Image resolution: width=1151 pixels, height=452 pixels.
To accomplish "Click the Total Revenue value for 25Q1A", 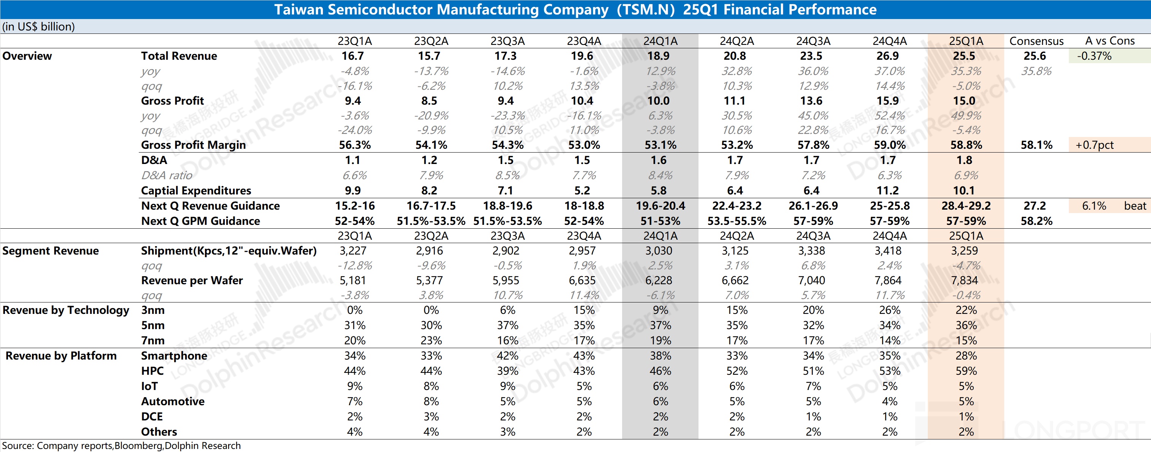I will point(964,56).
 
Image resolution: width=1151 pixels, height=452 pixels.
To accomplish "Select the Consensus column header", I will point(1036,41).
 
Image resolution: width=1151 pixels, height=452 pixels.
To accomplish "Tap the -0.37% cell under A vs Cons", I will point(1094,56).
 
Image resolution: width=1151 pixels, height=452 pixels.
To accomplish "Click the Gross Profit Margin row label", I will point(193,145).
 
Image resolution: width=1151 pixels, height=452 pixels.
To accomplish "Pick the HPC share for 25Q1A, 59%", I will point(966,371).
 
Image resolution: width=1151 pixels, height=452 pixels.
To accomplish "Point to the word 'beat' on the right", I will point(1135,206).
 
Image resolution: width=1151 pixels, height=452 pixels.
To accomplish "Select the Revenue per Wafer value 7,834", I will point(964,281).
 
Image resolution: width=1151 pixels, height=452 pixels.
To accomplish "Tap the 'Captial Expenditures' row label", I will point(196,191).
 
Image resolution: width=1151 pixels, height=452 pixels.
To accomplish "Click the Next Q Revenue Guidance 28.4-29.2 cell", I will point(966,206).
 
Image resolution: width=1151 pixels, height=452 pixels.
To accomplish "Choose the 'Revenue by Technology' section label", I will point(66,310).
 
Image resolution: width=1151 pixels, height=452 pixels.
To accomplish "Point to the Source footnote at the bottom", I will point(121,446).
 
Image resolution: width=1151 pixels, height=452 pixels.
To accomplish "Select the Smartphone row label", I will point(174,356).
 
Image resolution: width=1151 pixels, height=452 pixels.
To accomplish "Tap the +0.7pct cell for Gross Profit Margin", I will point(1094,145).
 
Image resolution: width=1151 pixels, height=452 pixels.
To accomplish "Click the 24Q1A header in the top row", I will point(660,41).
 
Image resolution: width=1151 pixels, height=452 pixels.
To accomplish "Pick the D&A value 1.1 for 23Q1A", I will point(352,161).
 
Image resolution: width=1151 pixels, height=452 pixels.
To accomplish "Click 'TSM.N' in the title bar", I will point(646,10).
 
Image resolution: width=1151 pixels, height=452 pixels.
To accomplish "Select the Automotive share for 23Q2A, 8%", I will point(431,401).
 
